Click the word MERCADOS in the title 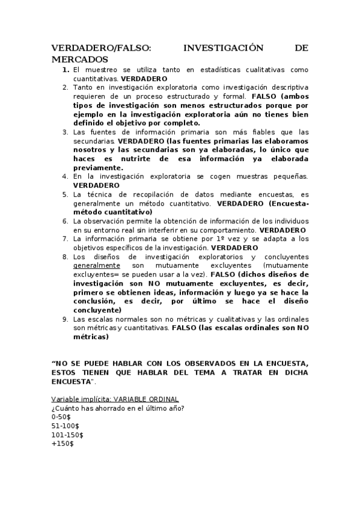tap(79, 60)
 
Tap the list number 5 tap(65, 194)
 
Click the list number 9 tap(65, 319)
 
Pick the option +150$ tap(63, 444)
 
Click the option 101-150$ tap(67, 435)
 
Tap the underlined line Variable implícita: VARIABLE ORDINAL tap(114, 400)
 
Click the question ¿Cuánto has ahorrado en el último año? tap(118, 408)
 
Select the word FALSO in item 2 tap(265, 96)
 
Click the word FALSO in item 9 tap(185, 328)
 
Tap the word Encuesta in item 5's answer tap(291, 203)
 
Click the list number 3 tap(65, 132)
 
